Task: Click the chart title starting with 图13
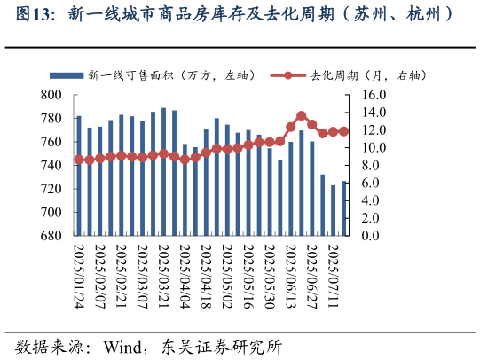[x=240, y=14]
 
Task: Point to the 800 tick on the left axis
[x=51, y=95]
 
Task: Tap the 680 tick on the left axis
[x=51, y=237]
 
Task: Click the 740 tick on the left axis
[x=51, y=166]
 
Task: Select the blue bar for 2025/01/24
[x=78, y=176]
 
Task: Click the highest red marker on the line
[x=302, y=116]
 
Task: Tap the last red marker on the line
[x=343, y=131]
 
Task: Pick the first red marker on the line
[x=78, y=160]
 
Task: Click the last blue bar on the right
[x=343, y=208]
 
